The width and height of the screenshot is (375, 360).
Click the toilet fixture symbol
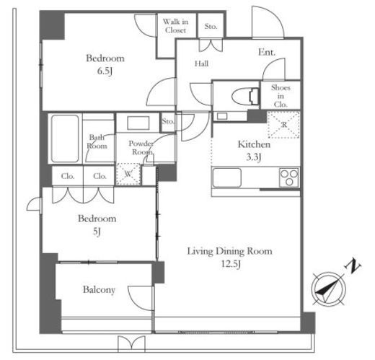245,97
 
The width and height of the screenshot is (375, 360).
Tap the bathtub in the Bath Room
65,139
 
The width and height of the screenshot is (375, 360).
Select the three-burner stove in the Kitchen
289,177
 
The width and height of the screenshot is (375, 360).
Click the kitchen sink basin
227,177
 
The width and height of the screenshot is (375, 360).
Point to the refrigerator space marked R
283,125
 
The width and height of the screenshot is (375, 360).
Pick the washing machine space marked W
128,174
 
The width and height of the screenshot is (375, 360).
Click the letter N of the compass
353,265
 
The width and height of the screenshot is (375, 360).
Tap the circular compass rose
328,289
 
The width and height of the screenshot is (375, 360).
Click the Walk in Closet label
175,26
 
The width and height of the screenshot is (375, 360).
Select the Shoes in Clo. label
281,96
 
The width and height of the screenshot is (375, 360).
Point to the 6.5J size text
105,71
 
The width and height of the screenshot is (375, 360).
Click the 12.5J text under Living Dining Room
231,264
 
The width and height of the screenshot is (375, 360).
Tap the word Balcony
99,290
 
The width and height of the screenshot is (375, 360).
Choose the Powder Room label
141,148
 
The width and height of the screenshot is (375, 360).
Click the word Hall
201,63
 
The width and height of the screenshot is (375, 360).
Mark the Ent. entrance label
267,52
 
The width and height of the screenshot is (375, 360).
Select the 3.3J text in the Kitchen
254,157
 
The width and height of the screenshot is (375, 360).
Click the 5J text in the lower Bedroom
97,232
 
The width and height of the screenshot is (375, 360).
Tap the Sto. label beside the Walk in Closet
211,26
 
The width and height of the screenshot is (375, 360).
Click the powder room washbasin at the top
138,123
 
